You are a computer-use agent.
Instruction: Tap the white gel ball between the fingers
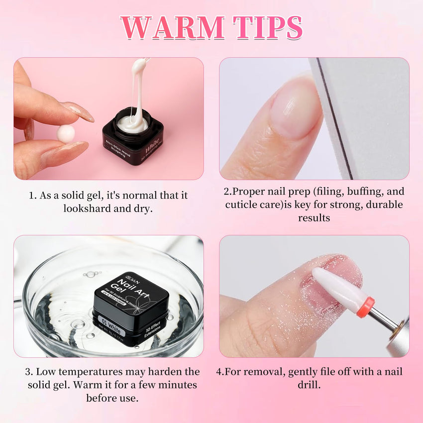66,133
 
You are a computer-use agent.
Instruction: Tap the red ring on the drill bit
366,307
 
